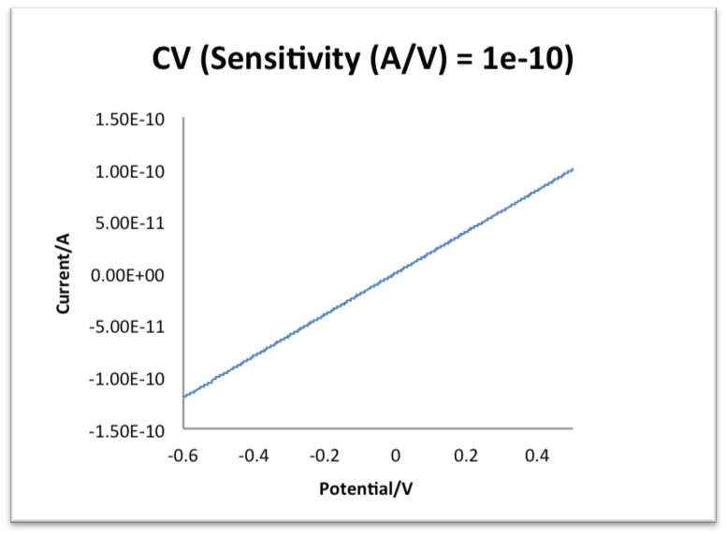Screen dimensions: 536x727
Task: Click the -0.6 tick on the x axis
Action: click(184, 455)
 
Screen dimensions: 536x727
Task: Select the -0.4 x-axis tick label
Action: click(254, 455)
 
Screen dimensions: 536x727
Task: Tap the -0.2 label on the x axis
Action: click(325, 455)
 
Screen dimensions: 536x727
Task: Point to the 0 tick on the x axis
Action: click(396, 455)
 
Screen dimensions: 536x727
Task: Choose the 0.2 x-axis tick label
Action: click(466, 455)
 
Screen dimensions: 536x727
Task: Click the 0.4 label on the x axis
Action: click(537, 455)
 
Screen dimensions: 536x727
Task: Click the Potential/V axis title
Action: click(377, 488)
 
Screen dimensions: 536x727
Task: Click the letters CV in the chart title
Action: click(172, 60)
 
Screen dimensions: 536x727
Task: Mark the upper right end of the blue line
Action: click(572, 169)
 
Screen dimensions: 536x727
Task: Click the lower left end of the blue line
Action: click(185, 396)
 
